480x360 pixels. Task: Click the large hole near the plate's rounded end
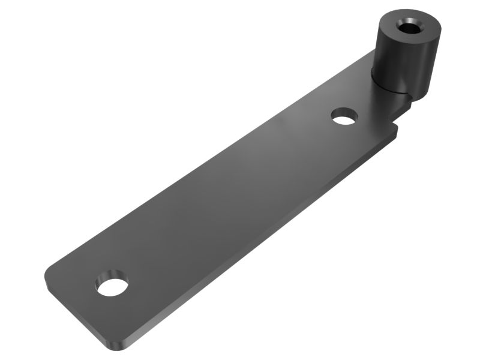[113, 286]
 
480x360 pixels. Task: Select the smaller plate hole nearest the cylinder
[344, 116]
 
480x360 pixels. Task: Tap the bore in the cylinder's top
[409, 26]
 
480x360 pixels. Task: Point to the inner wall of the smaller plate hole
[344, 112]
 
